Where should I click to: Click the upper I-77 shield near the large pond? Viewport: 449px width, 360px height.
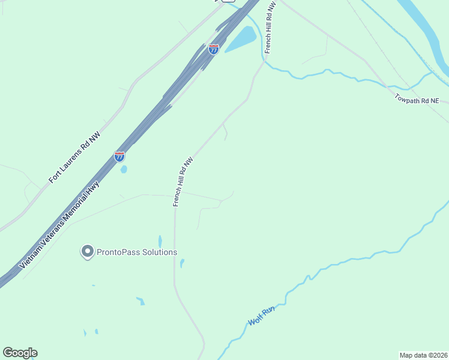(214, 49)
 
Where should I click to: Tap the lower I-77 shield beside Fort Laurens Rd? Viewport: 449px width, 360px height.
(119, 157)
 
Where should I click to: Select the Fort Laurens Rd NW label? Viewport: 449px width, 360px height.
(74, 158)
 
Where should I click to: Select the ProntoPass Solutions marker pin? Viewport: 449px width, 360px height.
(88, 251)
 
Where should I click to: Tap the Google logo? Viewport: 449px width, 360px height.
(20, 353)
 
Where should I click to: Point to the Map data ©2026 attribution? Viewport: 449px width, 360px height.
(423, 355)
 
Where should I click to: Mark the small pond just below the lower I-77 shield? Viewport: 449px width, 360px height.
(124, 170)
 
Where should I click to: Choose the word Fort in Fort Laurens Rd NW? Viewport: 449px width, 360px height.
(55, 176)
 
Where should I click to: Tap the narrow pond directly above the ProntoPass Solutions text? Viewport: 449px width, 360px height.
(160, 241)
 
